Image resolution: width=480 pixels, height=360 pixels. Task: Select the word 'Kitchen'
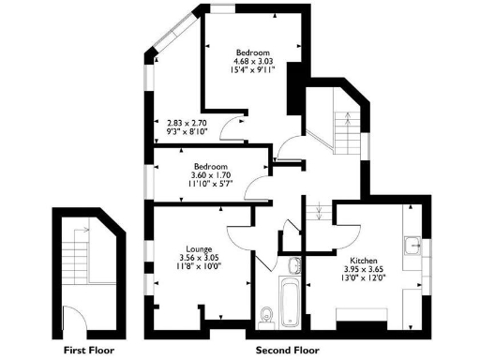click(363, 260)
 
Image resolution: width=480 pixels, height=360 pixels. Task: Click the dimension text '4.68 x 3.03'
click(253, 61)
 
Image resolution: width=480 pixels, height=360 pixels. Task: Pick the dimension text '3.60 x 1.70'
click(211, 175)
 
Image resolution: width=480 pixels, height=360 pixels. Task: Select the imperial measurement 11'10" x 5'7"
click(211, 185)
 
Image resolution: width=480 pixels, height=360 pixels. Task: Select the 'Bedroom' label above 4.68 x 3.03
click(253, 52)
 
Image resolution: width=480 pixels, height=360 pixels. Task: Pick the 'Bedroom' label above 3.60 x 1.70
click(211, 166)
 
